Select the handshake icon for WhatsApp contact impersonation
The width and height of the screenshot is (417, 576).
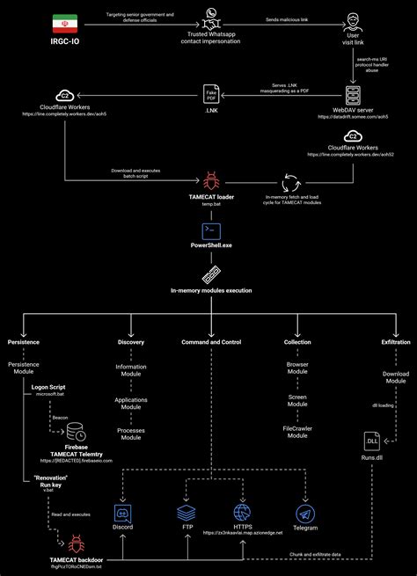(x=210, y=16)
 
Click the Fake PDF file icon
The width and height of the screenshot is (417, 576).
(x=211, y=94)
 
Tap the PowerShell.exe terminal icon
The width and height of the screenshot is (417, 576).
(x=210, y=231)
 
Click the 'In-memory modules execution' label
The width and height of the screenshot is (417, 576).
(x=210, y=289)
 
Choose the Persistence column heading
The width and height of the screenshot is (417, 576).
(x=24, y=341)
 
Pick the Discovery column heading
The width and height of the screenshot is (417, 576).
(x=131, y=341)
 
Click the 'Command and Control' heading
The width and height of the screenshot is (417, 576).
(x=210, y=341)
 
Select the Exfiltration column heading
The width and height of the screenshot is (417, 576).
(x=395, y=341)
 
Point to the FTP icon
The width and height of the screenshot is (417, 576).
(x=186, y=511)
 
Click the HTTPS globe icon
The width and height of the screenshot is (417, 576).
(x=243, y=511)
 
